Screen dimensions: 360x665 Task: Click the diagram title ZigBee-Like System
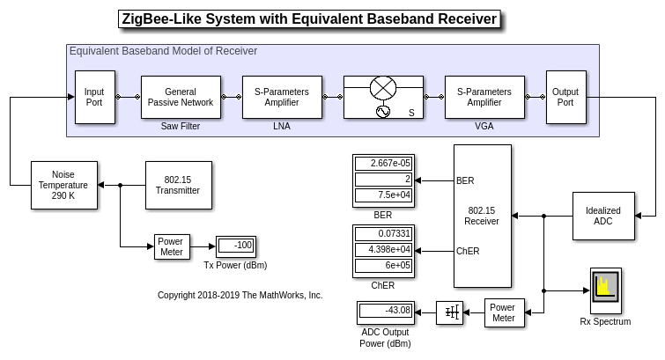tap(309, 19)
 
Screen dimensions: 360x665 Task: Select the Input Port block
tap(94, 97)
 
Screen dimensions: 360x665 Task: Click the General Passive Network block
tap(181, 97)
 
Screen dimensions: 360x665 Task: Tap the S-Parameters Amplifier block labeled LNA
tap(282, 97)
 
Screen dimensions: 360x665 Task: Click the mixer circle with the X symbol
tap(383, 87)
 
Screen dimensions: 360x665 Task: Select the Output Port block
tap(565, 97)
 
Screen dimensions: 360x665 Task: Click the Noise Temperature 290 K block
tap(63, 185)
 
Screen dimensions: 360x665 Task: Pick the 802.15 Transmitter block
tap(178, 185)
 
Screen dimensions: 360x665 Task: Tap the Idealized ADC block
tap(603, 217)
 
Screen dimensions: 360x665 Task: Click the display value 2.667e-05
tap(383, 164)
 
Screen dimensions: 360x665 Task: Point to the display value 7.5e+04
tap(383, 195)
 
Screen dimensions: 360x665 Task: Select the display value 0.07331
tap(383, 233)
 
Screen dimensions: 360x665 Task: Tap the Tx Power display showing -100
tap(236, 246)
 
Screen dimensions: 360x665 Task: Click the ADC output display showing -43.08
tap(386, 311)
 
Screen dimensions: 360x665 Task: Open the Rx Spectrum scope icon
tap(605, 290)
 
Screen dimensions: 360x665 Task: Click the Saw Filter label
tap(181, 127)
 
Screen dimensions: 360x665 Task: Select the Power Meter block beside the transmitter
tap(172, 246)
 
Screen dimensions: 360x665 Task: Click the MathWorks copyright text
tap(240, 296)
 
